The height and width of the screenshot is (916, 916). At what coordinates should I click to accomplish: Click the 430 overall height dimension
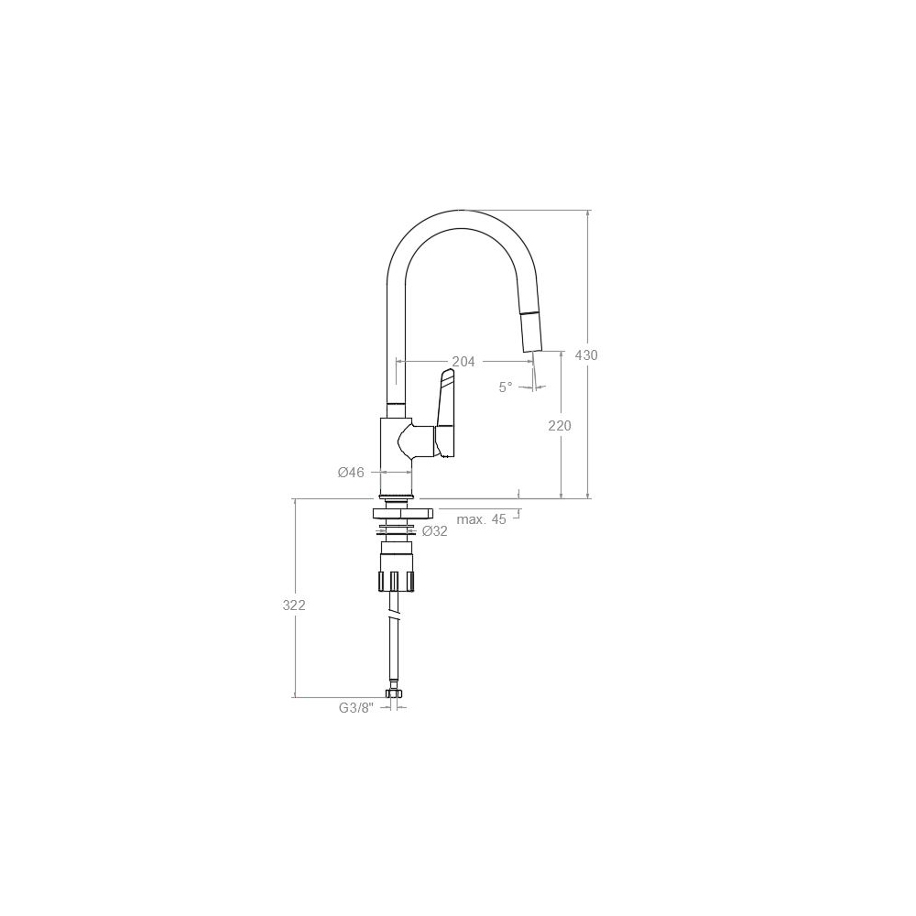[586, 354]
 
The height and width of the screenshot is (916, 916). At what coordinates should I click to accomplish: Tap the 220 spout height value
[560, 426]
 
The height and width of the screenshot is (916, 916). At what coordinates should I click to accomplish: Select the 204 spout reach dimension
[463, 362]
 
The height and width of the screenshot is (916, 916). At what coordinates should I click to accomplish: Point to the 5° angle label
[506, 387]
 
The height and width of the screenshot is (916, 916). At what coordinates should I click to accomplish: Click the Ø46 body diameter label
[351, 472]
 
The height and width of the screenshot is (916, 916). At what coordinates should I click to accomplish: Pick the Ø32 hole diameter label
[434, 531]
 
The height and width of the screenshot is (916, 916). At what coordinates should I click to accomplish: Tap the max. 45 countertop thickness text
[482, 519]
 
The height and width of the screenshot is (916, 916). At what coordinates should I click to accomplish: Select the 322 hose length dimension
[294, 605]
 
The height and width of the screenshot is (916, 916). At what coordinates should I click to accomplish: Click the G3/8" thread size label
[356, 708]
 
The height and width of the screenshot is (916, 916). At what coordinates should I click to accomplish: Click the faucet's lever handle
[444, 412]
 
